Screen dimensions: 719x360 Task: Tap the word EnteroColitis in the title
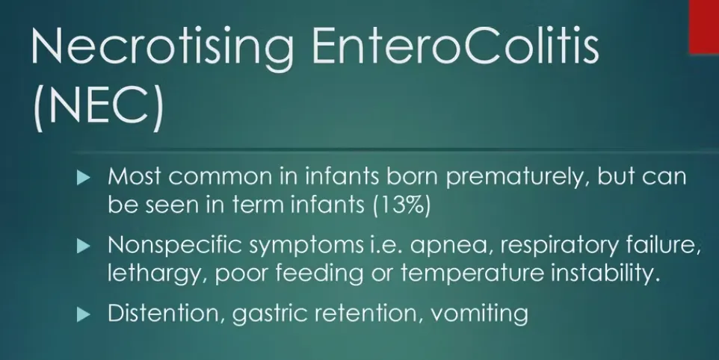455,46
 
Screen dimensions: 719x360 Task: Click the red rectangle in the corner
704,27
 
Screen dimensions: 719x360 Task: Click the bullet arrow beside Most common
84,177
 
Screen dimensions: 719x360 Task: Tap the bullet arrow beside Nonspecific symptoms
84,246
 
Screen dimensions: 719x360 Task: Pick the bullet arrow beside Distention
84,314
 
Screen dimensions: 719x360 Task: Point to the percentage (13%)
402,205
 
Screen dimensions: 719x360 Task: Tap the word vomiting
480,315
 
